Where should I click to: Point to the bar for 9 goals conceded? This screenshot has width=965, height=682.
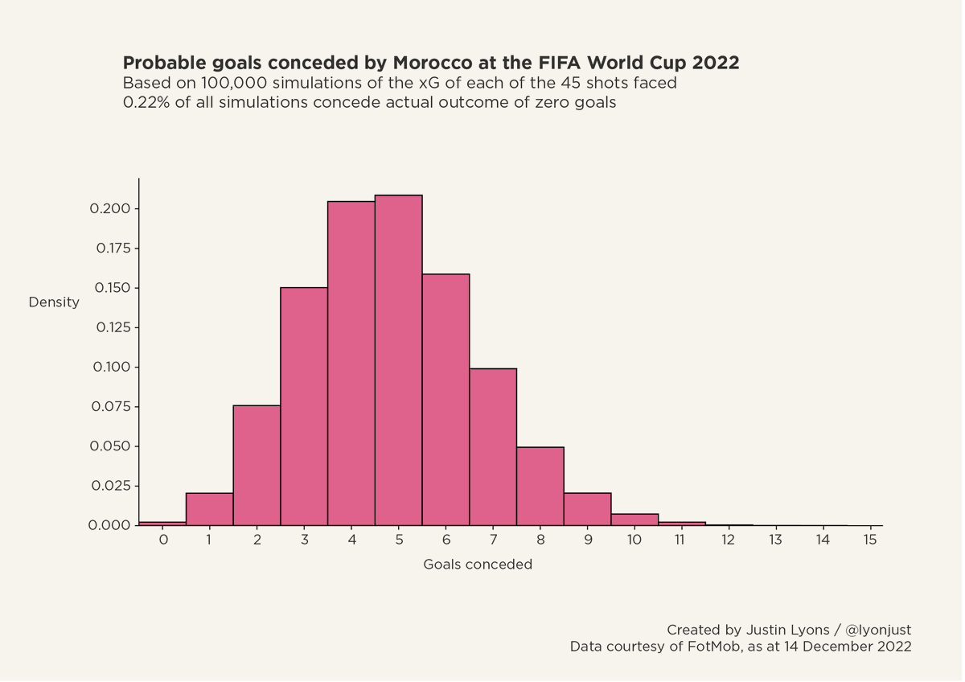point(588,509)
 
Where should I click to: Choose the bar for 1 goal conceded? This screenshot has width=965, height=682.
point(209,509)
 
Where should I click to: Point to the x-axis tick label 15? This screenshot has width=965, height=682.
point(869,540)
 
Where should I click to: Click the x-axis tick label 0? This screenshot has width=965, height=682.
point(162,540)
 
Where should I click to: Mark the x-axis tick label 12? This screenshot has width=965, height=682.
point(728,540)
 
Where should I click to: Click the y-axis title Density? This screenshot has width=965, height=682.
point(54,302)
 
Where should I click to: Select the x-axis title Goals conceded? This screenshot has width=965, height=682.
point(478,565)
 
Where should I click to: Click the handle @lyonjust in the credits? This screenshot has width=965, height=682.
point(878,630)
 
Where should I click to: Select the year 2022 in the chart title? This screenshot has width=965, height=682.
point(716,63)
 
